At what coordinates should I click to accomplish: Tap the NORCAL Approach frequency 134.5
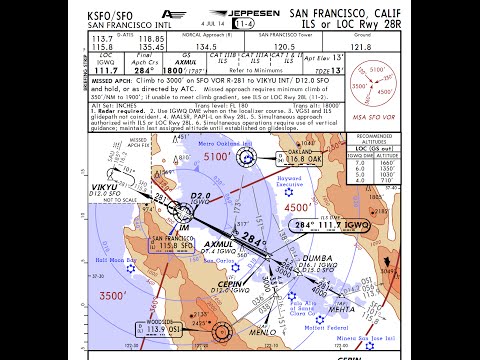[x=205, y=45]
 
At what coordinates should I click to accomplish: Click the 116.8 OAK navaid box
[x=305, y=157]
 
